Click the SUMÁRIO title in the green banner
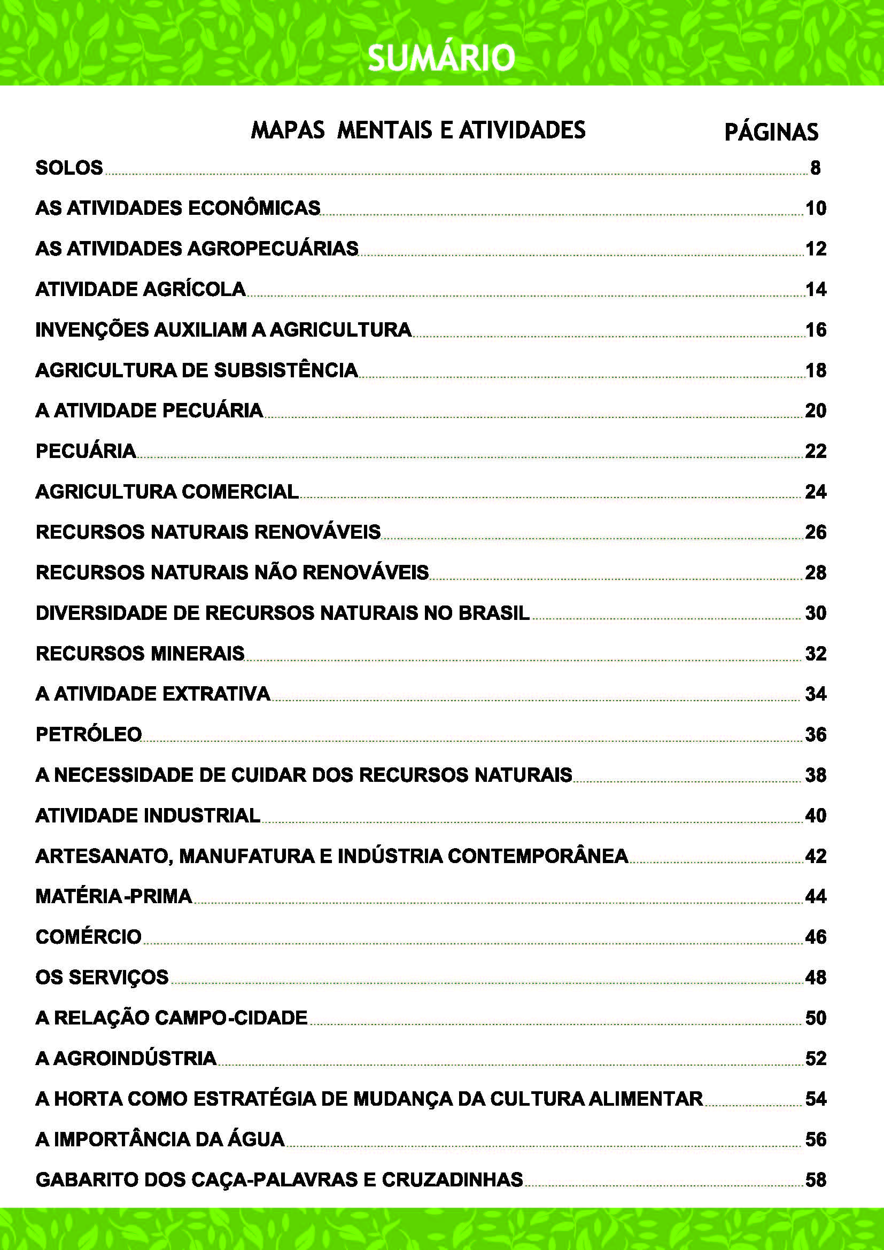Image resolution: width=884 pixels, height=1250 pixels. point(441,58)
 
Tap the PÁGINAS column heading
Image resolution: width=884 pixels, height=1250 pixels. point(771,133)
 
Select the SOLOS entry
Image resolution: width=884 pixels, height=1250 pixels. point(69,168)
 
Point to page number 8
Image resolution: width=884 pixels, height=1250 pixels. point(815,168)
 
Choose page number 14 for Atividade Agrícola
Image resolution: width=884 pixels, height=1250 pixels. point(816,289)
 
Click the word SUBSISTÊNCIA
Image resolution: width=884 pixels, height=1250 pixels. point(286,370)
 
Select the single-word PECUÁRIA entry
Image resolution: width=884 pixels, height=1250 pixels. point(86,452)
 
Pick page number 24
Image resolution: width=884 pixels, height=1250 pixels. point(816,492)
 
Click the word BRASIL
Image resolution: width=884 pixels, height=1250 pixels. point(494,613)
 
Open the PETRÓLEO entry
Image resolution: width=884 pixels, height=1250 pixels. point(89,734)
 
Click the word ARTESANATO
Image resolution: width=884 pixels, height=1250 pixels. point(104,856)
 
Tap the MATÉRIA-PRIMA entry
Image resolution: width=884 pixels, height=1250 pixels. point(114,896)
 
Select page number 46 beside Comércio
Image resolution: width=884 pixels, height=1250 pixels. point(816,937)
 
